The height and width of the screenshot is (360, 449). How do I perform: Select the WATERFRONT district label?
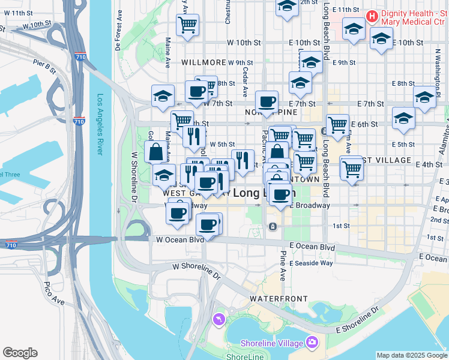[279, 298]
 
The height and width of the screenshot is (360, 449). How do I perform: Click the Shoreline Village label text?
[273, 343]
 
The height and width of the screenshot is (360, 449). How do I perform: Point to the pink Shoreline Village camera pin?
[312, 343]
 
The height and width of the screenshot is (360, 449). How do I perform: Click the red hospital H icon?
[372, 14]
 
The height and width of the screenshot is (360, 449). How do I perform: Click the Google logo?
[20, 353]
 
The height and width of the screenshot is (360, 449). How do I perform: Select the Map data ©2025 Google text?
[412, 355]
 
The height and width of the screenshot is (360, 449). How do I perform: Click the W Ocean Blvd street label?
[176, 239]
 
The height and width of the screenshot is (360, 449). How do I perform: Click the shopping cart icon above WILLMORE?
[187, 25]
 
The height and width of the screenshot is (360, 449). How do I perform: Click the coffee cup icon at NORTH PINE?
[267, 101]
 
